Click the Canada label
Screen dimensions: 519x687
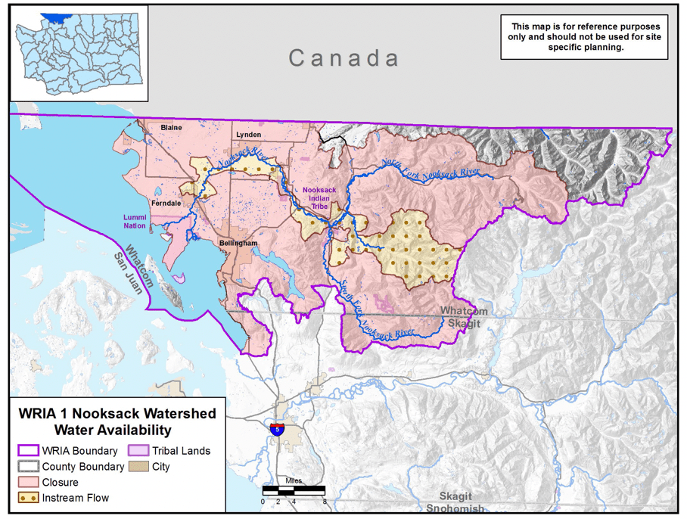[x=344, y=58]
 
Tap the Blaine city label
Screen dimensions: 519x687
[x=171, y=128]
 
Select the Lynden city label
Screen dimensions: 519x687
[x=248, y=134]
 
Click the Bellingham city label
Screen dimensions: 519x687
[x=238, y=243]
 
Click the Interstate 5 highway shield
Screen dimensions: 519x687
[x=278, y=429]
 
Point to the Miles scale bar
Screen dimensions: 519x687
[x=294, y=491]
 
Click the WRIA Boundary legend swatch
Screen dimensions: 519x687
[x=28, y=451]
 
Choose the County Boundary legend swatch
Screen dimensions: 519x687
[x=28, y=467]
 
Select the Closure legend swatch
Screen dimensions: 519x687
[x=28, y=482]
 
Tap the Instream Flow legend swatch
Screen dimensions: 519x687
[x=28, y=498]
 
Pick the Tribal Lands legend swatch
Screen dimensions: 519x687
[x=138, y=451]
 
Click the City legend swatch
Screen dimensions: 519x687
[x=138, y=467]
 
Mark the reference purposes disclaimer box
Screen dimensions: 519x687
[x=583, y=36]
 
